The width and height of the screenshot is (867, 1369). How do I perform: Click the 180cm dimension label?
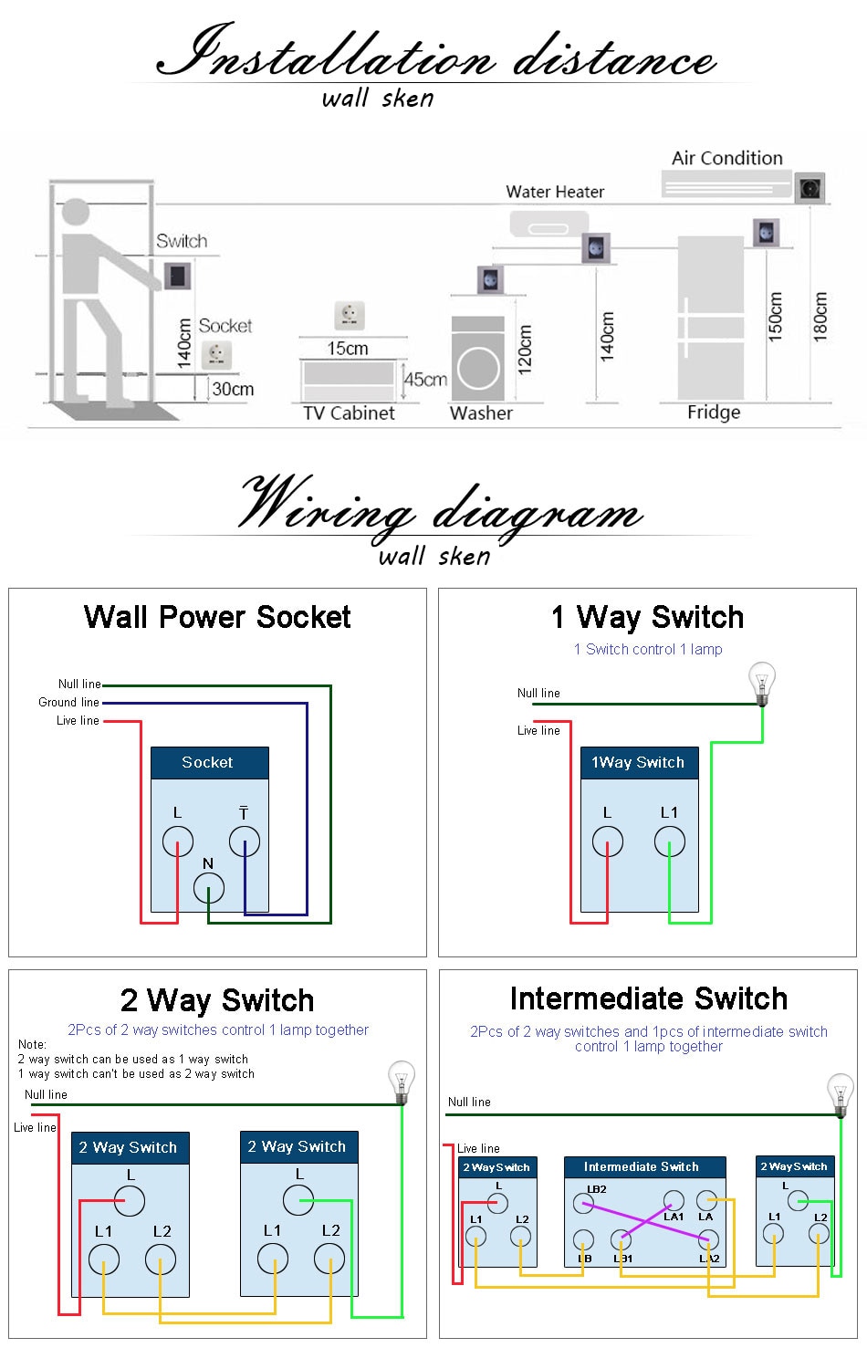[x=820, y=317]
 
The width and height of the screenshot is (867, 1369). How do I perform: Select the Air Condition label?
[x=726, y=158]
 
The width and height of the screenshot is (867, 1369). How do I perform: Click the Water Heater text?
[x=555, y=192]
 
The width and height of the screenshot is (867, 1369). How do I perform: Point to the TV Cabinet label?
[x=349, y=413]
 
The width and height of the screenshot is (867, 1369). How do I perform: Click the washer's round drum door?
[x=478, y=369]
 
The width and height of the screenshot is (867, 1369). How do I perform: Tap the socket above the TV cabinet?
[x=349, y=315]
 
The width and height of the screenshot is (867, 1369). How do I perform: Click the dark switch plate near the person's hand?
[x=178, y=275]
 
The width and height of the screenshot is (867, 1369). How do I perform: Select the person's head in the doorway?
[x=76, y=214]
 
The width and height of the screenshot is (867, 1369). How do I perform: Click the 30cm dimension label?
[x=233, y=389]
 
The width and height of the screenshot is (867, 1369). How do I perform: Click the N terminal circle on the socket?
[x=209, y=887]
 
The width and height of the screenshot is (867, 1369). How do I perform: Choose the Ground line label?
[x=68, y=702]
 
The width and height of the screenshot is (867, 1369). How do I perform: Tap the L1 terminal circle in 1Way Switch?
[x=669, y=841]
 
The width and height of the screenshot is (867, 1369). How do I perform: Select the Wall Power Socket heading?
[x=217, y=617]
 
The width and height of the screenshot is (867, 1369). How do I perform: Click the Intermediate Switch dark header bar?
[x=644, y=1166]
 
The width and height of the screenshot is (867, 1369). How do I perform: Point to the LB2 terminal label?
[x=596, y=1189]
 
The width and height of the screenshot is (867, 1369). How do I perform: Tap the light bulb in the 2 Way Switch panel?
[x=402, y=1081]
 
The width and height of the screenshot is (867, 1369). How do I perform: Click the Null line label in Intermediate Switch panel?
[x=469, y=1102]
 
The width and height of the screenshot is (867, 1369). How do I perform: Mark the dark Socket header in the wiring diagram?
[x=209, y=762]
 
